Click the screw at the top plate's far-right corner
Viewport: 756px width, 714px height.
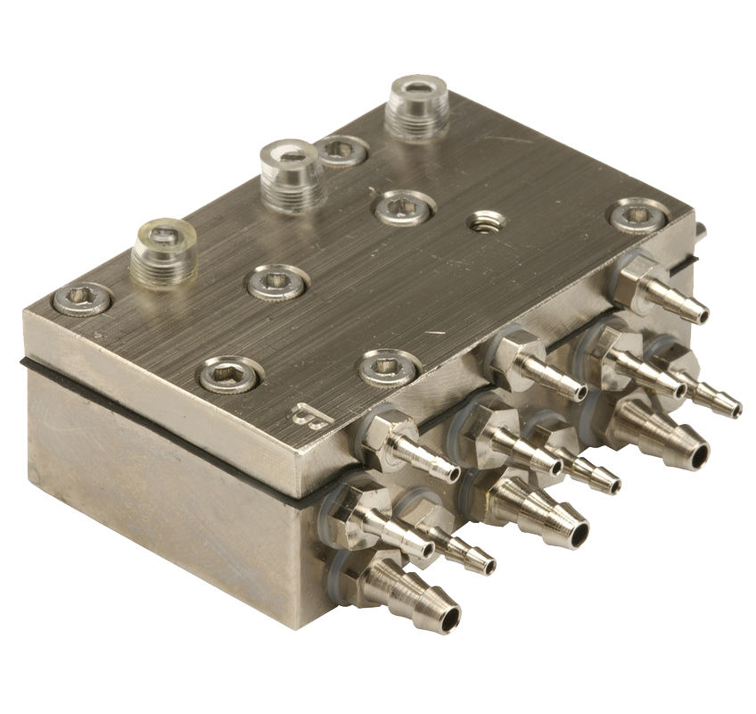coord(640,215)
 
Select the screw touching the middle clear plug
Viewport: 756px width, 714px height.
coord(341,151)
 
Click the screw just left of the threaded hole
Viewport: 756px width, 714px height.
coord(404,208)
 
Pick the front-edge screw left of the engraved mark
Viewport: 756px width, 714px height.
coord(228,375)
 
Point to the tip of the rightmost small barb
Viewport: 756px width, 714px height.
coord(733,408)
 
